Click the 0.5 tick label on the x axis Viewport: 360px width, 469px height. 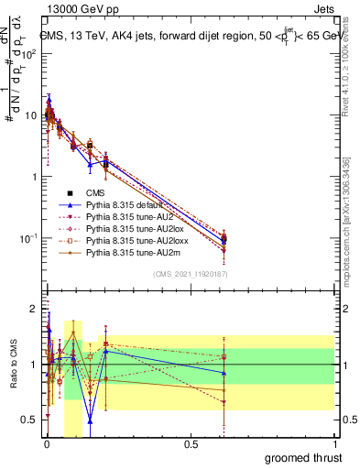[x=191, y=443]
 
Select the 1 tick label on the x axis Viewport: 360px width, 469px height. [x=335, y=443]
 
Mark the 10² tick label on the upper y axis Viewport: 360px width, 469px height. [x=27, y=53]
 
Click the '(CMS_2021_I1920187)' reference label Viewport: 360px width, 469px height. [x=191, y=275]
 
